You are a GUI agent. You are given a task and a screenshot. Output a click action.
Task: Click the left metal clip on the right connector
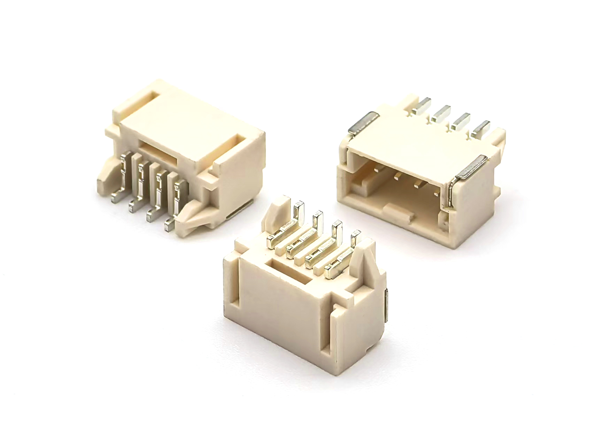click(x=363, y=123)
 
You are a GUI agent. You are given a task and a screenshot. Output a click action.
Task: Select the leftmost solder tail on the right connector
click(x=422, y=105)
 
